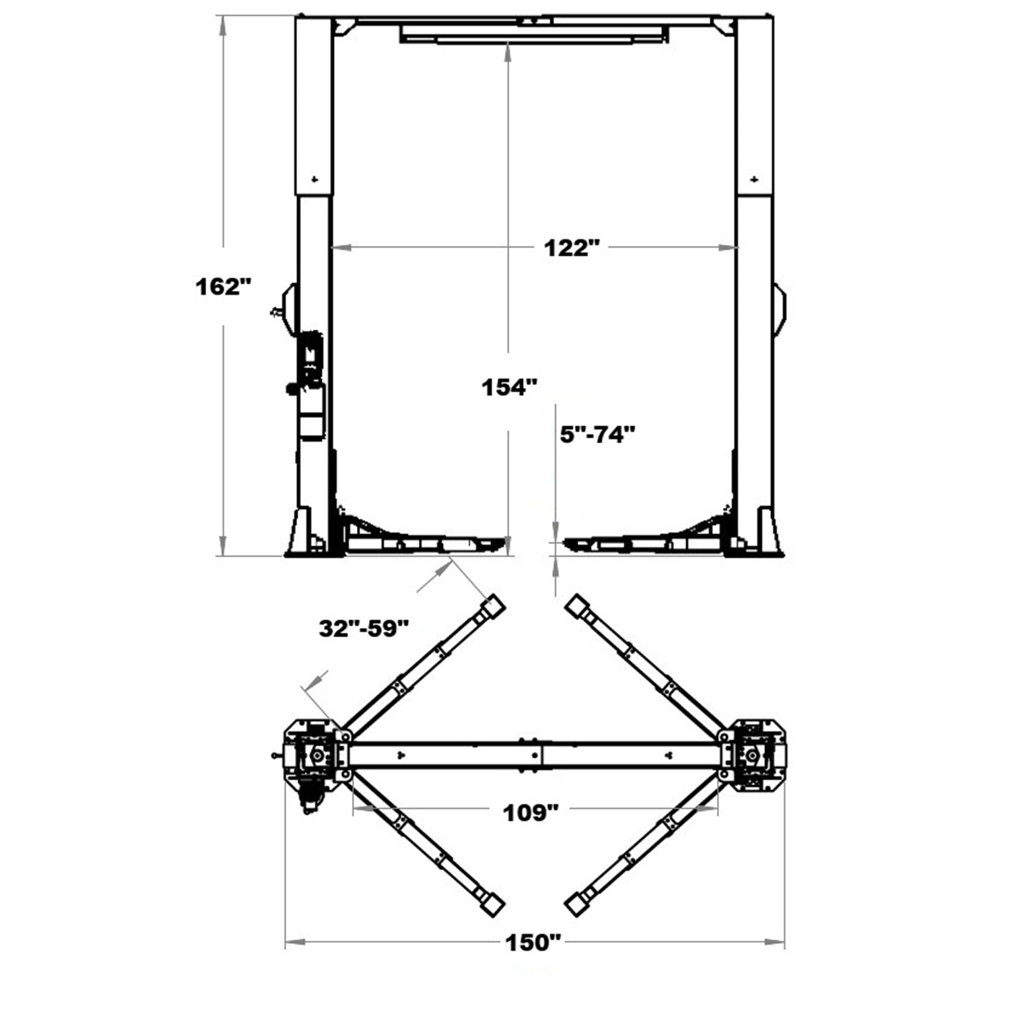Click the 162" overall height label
click(223, 287)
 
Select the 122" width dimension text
click(571, 248)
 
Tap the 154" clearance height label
click(509, 388)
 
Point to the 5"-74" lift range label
click(598, 434)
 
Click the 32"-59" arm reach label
click(364, 629)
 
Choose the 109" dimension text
click(531, 813)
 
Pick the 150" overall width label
click(533, 943)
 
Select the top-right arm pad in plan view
click(576, 605)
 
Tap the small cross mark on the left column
click(314, 179)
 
